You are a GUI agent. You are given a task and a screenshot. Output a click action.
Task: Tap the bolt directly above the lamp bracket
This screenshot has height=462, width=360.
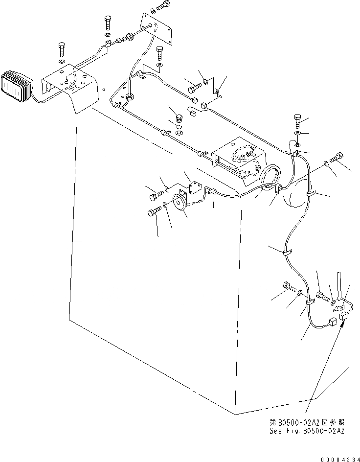[62, 49]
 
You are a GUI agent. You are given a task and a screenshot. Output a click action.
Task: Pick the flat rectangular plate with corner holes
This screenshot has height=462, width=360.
[157, 29]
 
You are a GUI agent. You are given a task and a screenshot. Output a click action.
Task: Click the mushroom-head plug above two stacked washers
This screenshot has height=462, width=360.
[179, 118]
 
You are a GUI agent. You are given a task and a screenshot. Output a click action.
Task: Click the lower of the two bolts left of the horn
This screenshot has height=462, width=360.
[153, 212]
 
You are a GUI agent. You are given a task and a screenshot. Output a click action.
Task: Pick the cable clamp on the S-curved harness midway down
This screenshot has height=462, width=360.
[286, 253]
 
